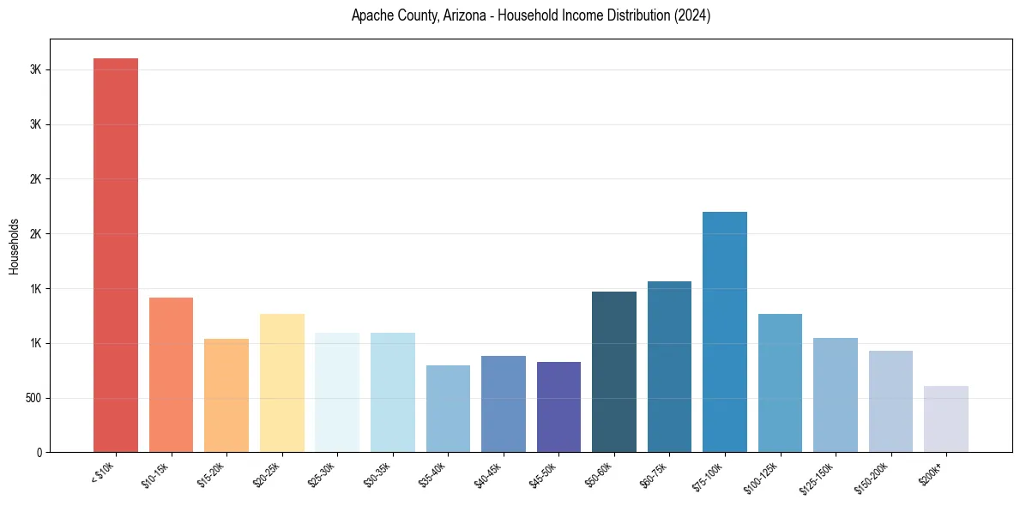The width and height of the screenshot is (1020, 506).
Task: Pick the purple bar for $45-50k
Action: [x=558, y=407]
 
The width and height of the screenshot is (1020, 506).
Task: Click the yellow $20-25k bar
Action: [x=281, y=383]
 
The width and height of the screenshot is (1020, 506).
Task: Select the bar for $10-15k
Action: [x=171, y=375]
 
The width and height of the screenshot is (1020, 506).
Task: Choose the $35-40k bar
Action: [x=448, y=408]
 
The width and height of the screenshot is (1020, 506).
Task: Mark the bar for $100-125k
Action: [x=780, y=383]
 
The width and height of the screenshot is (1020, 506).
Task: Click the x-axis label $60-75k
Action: [x=658, y=475]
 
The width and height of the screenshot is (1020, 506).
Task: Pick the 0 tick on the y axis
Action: [x=38, y=452]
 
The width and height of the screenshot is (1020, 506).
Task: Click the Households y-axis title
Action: [x=15, y=245]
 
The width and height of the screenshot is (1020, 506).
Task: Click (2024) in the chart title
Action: [x=691, y=15]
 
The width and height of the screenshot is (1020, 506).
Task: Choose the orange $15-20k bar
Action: [x=226, y=395]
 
